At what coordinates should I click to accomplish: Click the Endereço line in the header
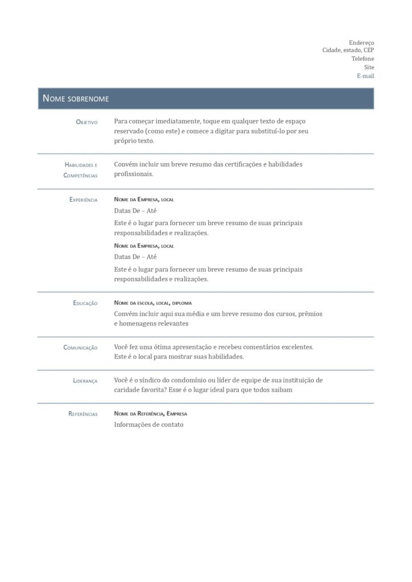click(x=361, y=43)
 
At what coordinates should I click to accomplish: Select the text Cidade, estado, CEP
click(x=348, y=51)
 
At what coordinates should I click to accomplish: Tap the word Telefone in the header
click(x=363, y=59)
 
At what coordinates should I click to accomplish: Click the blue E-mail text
click(x=365, y=76)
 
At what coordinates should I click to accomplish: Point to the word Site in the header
click(x=369, y=67)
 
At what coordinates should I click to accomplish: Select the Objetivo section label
click(x=86, y=122)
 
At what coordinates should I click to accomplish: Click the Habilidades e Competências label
click(x=81, y=170)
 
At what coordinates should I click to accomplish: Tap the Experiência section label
click(x=83, y=200)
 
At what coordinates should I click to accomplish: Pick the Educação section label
click(x=85, y=304)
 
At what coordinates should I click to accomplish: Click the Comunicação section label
click(x=80, y=348)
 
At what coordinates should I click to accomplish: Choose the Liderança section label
click(x=85, y=381)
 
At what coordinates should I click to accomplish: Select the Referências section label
click(x=82, y=414)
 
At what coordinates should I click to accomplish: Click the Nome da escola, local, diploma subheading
click(x=152, y=303)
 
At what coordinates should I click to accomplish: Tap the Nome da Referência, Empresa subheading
click(x=150, y=414)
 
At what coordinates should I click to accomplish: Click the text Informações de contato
click(x=148, y=425)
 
